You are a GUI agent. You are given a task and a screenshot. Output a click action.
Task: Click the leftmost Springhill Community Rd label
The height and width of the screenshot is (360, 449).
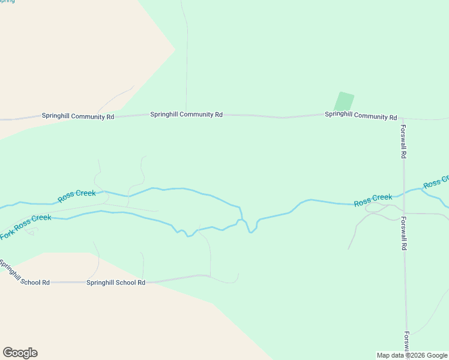(x=77, y=116)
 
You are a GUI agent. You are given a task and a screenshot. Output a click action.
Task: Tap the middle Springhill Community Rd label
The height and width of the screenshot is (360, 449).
(x=186, y=114)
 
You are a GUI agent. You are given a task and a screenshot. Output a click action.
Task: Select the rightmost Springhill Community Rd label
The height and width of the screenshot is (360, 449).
(x=361, y=115)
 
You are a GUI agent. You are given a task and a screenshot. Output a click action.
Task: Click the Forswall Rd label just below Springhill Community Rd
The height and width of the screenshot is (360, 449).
(x=404, y=141)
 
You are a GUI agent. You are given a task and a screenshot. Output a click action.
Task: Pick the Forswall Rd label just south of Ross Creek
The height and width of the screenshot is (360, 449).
(x=404, y=233)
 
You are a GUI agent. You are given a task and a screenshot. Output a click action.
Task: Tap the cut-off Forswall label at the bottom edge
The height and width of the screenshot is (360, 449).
(x=406, y=341)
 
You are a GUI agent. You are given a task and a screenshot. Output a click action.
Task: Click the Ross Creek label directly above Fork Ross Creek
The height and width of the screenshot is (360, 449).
(x=77, y=196)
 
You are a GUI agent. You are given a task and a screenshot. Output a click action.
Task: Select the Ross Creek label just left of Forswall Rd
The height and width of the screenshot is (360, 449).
(x=373, y=200)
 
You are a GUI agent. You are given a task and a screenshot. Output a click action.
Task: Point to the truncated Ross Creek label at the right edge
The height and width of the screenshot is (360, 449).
(x=436, y=182)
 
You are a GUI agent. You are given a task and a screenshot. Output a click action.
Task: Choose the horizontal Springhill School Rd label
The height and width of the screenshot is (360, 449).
(x=116, y=282)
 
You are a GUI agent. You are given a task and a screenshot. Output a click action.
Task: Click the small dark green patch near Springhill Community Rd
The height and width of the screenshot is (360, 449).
(x=343, y=101)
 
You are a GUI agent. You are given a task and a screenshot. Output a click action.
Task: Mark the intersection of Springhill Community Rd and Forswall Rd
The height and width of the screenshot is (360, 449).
(x=403, y=118)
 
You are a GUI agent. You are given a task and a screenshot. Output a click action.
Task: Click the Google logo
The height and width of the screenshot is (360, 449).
(x=20, y=353)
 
